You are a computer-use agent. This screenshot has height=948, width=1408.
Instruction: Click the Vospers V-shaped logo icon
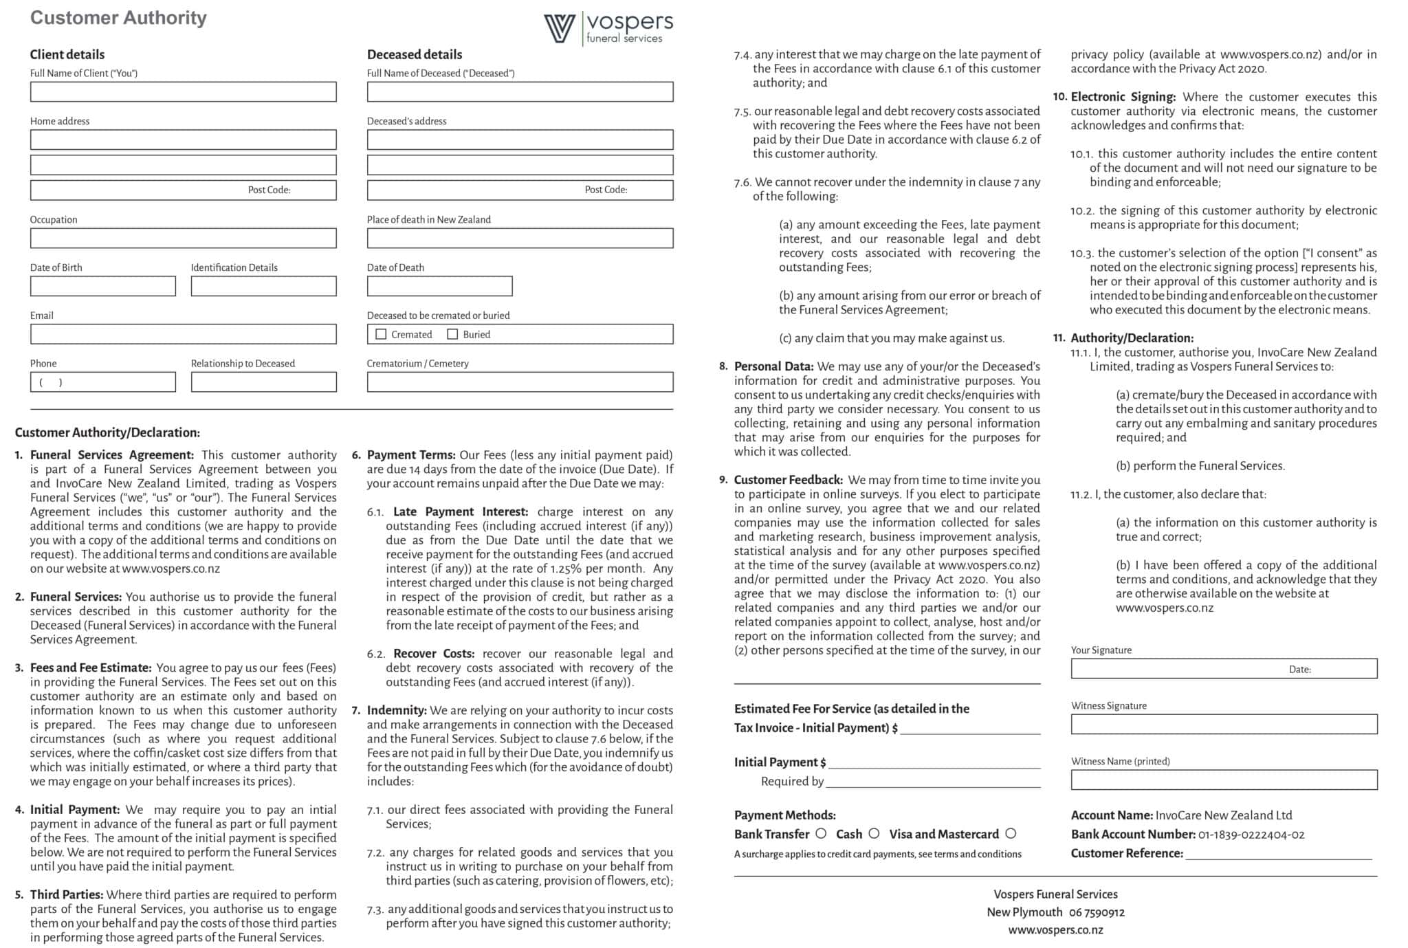pos(559,28)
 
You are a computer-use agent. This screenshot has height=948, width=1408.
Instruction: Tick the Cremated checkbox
pos(381,334)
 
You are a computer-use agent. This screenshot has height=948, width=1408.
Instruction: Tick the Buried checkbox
pos(452,334)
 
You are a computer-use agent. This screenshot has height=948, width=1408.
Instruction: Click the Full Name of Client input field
pos(183,92)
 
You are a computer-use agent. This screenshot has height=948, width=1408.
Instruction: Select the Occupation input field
pos(183,239)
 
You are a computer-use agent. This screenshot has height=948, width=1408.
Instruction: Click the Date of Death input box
pos(439,286)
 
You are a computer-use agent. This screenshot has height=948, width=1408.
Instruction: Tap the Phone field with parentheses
pos(102,382)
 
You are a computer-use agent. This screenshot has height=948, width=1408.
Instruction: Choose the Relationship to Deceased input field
pos(263,382)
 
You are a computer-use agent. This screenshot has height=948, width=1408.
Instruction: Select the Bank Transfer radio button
pos(821,833)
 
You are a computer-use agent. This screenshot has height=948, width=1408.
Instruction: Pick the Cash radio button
pos(874,833)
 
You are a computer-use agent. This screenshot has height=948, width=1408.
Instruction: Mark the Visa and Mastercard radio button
pos(1011,833)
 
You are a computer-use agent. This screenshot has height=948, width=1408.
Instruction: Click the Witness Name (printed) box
pos(1224,780)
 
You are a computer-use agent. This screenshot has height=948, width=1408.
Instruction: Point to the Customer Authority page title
pos(118,18)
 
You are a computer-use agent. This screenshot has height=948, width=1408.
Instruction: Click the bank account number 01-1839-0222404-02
pos(1251,835)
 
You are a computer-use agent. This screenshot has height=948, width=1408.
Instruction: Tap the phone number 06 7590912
pos(1097,912)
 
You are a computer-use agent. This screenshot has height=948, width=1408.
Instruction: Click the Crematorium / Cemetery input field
pos(520,382)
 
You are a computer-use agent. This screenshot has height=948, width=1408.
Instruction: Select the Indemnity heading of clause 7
pos(397,710)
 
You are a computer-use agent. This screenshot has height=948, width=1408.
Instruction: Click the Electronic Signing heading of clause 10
pos(1123,97)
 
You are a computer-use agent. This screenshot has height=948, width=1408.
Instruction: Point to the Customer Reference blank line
pos(1278,855)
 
